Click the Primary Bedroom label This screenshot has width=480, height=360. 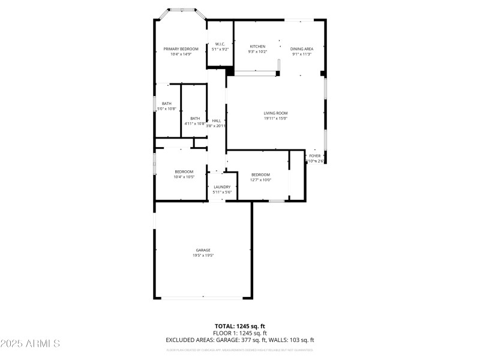(x=181, y=49)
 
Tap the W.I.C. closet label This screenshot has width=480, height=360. (x=220, y=44)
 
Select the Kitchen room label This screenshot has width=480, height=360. (x=257, y=46)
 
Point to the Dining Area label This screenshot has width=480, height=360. (x=301, y=49)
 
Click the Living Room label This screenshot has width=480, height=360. (x=275, y=113)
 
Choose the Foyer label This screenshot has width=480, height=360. (x=314, y=155)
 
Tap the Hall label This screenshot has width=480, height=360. (x=216, y=121)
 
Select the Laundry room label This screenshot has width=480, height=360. (x=222, y=187)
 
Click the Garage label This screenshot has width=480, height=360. (x=203, y=250)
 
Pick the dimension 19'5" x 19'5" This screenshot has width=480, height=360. (x=203, y=255)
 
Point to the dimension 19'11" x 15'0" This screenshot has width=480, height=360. (x=275, y=118)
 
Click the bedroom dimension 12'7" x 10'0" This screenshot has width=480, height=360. (x=260, y=179)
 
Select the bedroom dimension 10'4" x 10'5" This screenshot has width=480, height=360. (x=184, y=177)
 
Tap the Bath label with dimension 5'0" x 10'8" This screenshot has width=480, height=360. (x=166, y=103)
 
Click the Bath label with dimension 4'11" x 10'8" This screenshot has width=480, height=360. (x=195, y=118)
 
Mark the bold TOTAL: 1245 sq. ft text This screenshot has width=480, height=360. (x=240, y=326)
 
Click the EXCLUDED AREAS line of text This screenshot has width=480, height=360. (x=240, y=340)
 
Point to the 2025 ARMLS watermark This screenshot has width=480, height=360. (x=30, y=344)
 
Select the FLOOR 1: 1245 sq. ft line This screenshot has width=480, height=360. (x=240, y=333)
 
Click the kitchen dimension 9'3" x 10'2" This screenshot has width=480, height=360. (x=257, y=52)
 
